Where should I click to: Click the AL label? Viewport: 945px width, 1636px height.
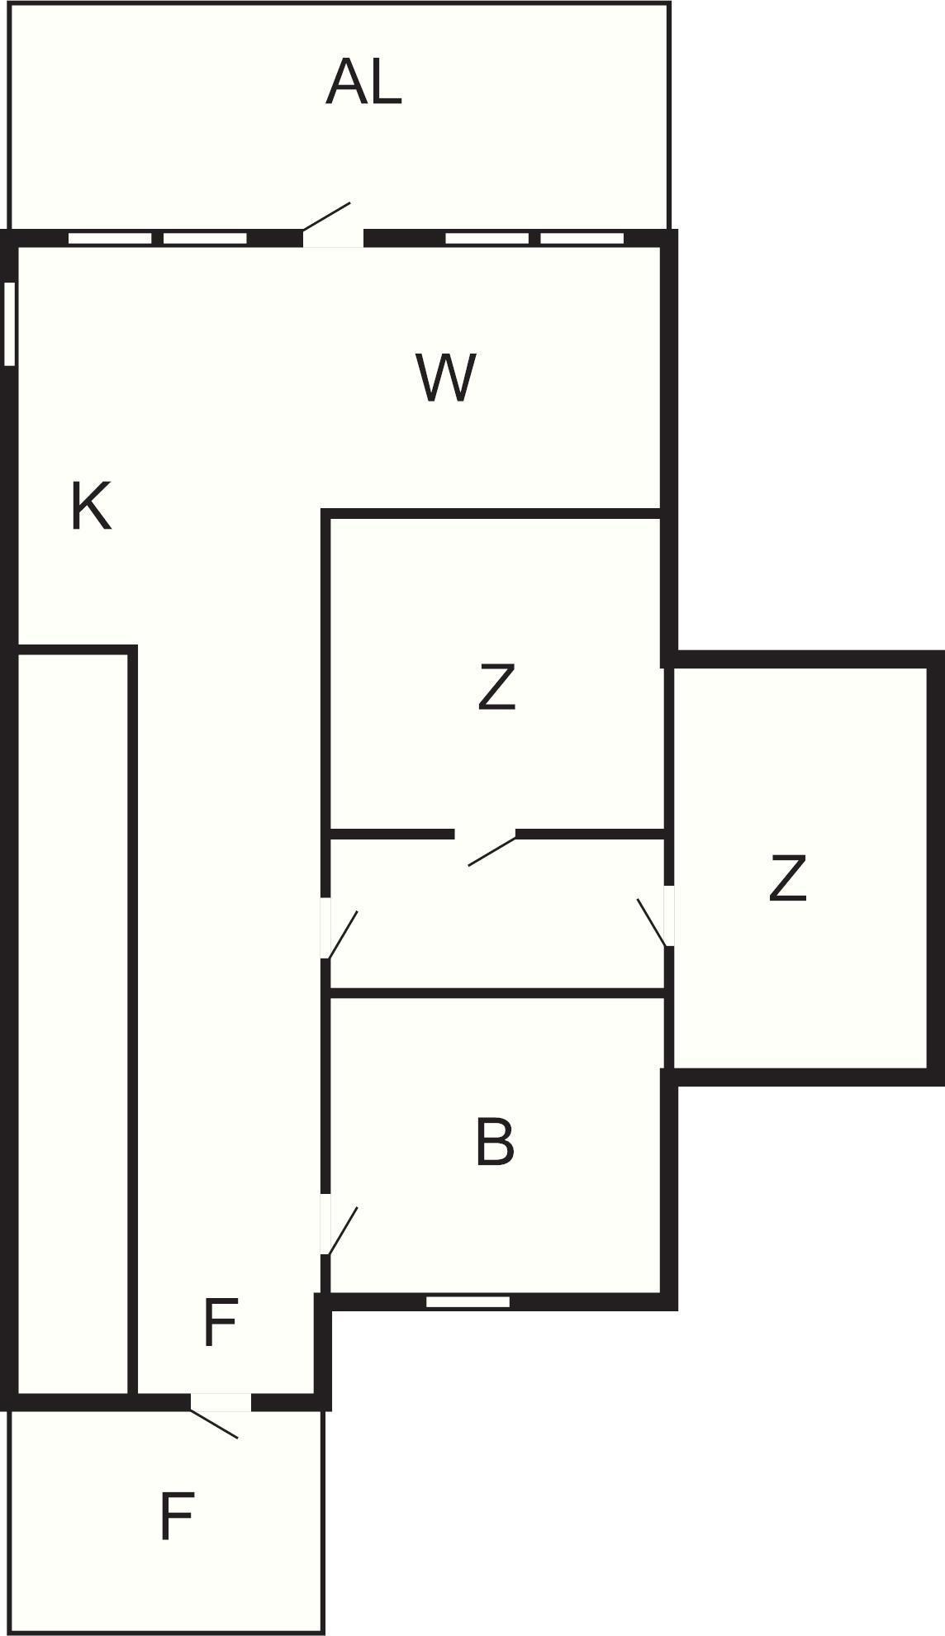(363, 83)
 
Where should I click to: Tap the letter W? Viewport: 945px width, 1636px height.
(447, 378)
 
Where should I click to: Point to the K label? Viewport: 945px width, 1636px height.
(91, 506)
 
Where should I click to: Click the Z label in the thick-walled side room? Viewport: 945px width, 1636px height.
(787, 877)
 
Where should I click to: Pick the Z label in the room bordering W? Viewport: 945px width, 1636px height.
(496, 687)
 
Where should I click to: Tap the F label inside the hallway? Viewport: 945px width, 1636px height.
(220, 1323)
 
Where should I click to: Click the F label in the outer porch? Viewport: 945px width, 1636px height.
(176, 1516)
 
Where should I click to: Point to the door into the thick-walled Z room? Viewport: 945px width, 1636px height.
(656, 916)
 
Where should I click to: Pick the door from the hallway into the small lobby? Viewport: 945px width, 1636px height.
(340, 929)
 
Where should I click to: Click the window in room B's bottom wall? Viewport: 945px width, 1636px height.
(468, 1302)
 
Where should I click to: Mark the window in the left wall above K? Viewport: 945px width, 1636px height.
(10, 324)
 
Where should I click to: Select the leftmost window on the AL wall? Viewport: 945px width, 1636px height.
(110, 239)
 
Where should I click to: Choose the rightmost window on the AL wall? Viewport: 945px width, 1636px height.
(582, 239)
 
